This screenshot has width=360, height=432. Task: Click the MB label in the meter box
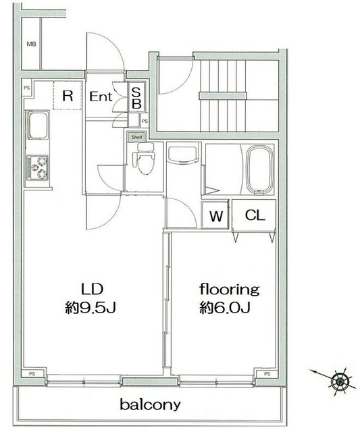(x=32, y=44)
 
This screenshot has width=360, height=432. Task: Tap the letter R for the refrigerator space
(x=68, y=96)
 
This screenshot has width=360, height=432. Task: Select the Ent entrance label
(x=101, y=97)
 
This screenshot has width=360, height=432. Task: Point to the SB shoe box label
(x=136, y=98)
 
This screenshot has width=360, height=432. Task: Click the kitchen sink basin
(x=38, y=125)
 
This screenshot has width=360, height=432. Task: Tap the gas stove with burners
(x=38, y=167)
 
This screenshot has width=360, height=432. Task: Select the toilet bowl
(x=144, y=160)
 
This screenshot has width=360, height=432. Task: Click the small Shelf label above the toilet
(x=136, y=137)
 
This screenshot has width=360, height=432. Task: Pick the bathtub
(x=259, y=169)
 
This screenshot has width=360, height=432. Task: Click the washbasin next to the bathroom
(x=182, y=155)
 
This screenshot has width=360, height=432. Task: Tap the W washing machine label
(x=216, y=216)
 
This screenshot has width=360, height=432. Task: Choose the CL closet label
(x=255, y=215)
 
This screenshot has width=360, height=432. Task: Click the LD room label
(x=92, y=290)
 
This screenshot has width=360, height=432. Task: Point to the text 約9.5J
(x=91, y=308)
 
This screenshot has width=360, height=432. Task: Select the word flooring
(x=230, y=290)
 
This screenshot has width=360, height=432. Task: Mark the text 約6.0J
(x=225, y=308)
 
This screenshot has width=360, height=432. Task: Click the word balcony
(x=150, y=405)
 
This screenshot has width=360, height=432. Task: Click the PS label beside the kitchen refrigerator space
(x=27, y=88)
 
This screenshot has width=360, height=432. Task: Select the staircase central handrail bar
(x=223, y=96)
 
